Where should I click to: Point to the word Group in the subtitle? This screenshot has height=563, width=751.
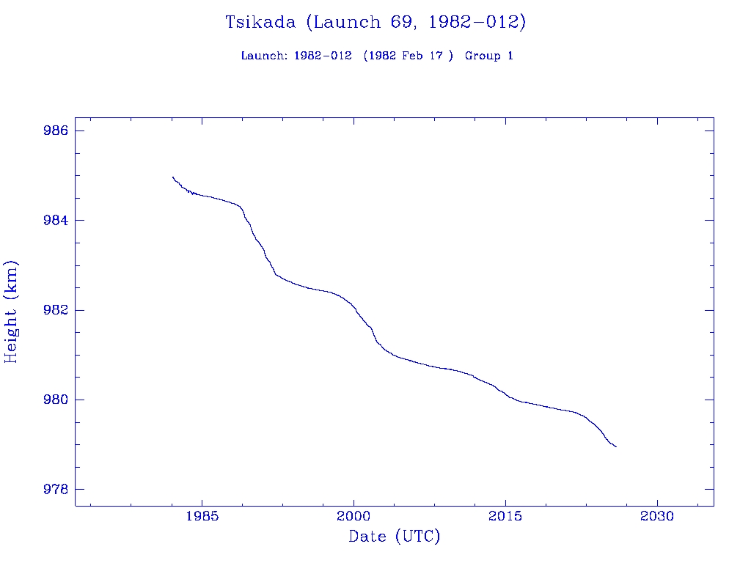[483, 56]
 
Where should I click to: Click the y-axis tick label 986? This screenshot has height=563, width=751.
[56, 130]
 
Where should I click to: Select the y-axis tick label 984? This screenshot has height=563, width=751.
[56, 221]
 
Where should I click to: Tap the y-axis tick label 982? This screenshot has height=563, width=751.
[56, 310]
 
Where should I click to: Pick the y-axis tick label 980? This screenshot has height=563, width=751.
[56, 400]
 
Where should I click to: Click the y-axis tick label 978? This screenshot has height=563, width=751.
[56, 490]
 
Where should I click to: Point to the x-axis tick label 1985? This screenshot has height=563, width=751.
[202, 516]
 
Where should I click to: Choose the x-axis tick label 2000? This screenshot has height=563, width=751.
[353, 516]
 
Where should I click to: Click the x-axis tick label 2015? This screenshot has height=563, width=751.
[505, 516]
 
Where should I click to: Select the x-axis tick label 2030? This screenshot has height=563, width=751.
[657, 516]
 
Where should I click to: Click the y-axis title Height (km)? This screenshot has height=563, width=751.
[11, 311]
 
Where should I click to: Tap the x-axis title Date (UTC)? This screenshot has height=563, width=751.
[395, 537]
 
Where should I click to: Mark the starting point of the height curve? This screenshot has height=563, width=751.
[172, 177]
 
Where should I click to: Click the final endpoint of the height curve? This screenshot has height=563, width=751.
[616, 446]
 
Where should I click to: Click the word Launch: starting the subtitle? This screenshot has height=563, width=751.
[264, 56]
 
